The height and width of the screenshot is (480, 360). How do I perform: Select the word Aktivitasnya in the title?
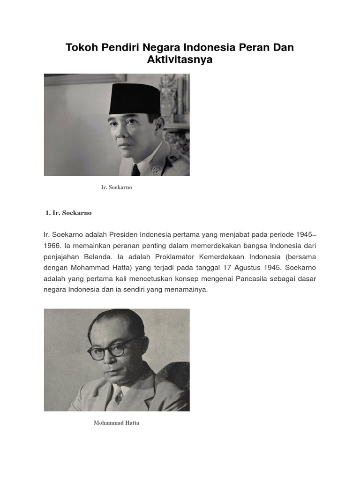pos(180,60)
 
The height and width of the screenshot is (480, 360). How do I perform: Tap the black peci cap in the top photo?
pos(135,99)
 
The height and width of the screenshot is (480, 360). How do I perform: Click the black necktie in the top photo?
pos(136,170)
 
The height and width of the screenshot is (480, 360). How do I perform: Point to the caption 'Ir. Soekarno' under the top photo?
pos(117,187)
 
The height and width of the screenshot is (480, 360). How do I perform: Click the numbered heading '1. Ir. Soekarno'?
pos(68,213)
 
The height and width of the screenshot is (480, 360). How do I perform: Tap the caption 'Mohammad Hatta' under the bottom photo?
pos(116,423)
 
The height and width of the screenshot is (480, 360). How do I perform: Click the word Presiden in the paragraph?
pos(120,234)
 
